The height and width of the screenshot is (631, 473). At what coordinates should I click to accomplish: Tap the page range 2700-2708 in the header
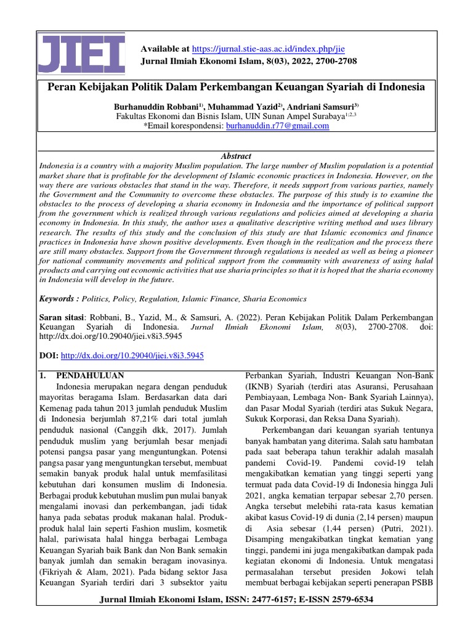click(x=330, y=61)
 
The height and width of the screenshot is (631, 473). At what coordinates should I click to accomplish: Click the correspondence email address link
click(x=278, y=126)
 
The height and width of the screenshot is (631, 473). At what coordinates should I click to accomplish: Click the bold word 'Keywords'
click(x=58, y=299)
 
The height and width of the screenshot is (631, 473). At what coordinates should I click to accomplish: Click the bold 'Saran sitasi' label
click(x=60, y=315)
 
